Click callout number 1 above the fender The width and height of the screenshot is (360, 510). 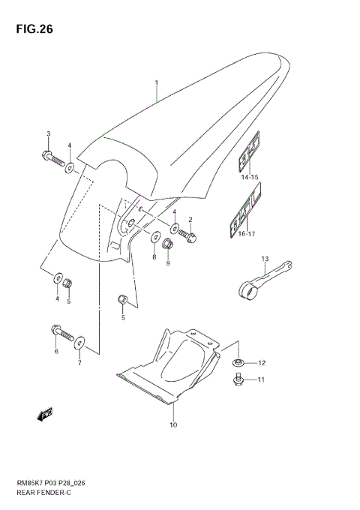pos(157,82)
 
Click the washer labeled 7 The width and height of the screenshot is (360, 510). pos(80,344)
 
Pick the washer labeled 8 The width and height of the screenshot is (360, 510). pos(155,238)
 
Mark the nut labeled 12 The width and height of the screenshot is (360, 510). pos(238,364)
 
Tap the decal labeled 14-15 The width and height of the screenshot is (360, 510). pos(249,154)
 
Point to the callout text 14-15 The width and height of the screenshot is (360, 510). pos(249,177)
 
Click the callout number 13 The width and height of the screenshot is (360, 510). pos(264,259)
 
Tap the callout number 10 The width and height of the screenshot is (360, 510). pos(172,426)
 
